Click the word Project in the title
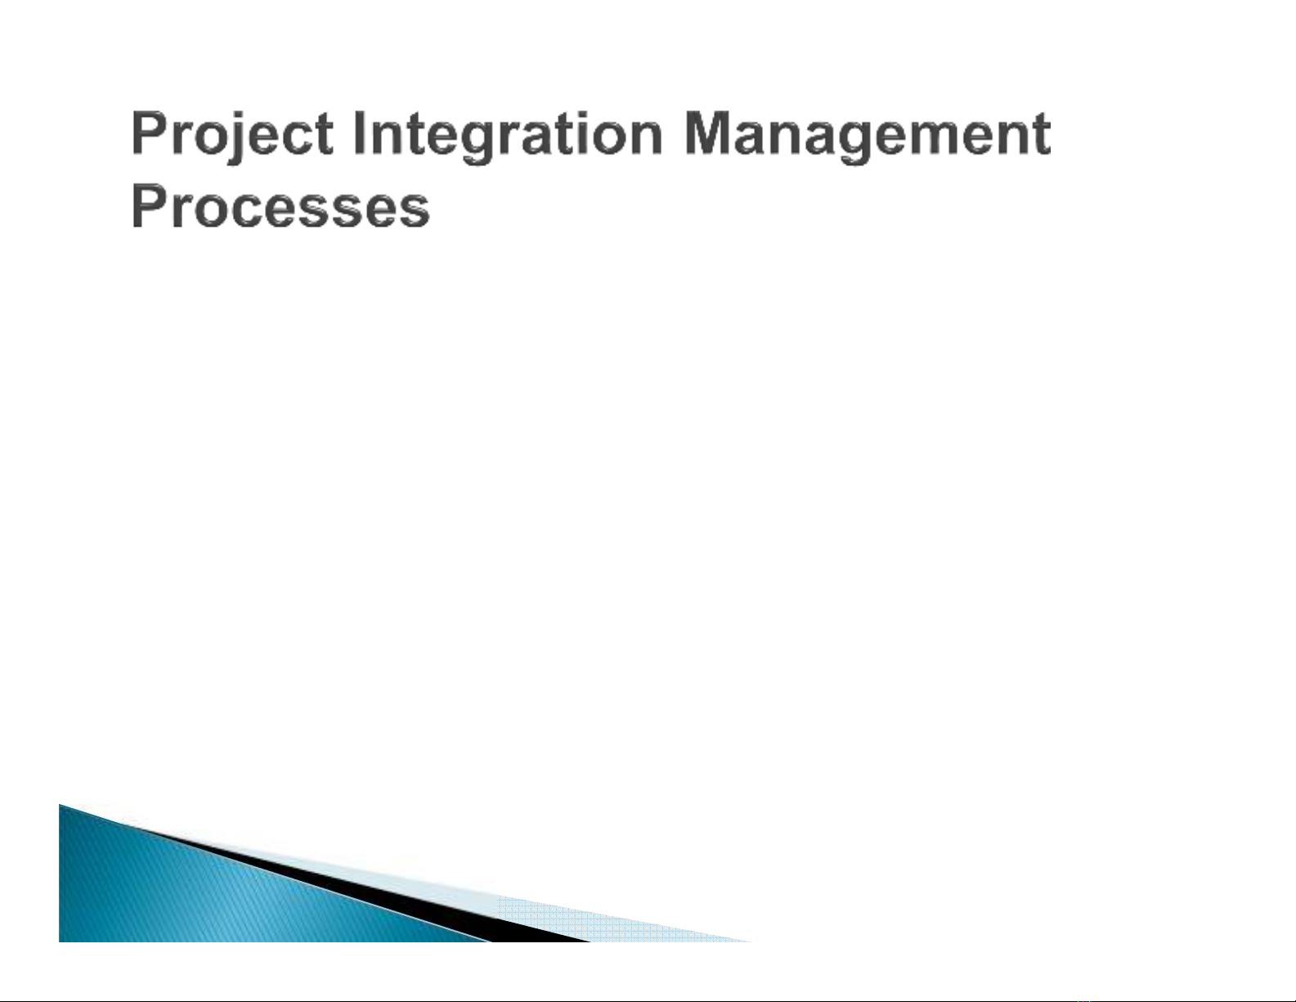232,136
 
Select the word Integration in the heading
508,136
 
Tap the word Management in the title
868,136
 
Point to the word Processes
280,207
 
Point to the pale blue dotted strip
621,919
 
